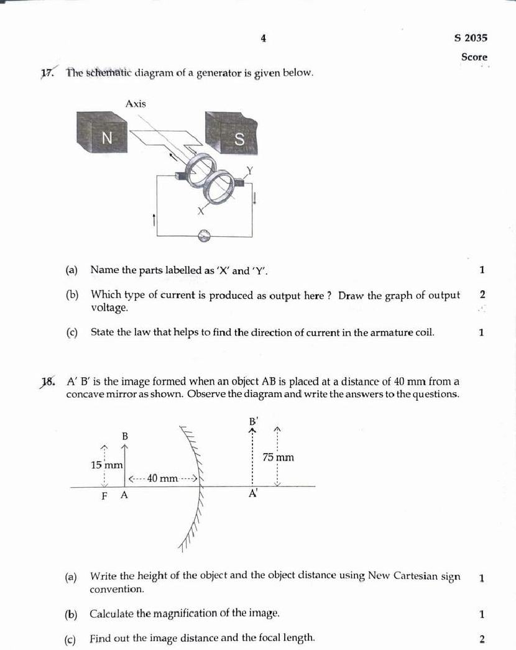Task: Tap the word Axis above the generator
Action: coord(136,104)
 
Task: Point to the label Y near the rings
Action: coord(250,170)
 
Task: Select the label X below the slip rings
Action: coord(200,211)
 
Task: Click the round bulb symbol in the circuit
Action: coord(205,236)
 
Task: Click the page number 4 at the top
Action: coord(264,39)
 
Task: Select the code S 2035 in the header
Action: coord(471,38)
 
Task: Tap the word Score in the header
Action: coord(474,57)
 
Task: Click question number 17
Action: coord(47,73)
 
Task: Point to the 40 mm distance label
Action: coord(162,478)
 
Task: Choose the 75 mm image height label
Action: coord(278,457)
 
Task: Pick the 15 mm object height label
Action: coord(106,465)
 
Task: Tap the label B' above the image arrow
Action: coord(253,420)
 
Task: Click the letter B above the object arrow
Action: coord(124,437)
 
